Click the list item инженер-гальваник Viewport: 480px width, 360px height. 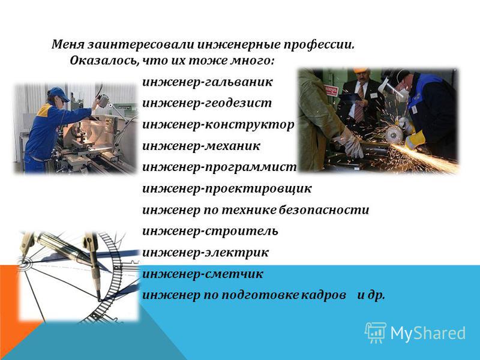[207, 82]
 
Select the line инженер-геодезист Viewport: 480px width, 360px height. [207, 103]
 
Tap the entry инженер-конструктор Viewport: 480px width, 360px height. [218, 125]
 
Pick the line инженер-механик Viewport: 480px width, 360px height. [201, 146]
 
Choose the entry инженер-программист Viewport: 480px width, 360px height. [220, 167]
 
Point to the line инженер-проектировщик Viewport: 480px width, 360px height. [227, 188]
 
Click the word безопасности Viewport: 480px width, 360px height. [324, 209]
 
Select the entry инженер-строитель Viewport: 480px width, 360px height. [211, 231]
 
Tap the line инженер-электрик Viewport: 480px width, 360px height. [205, 253]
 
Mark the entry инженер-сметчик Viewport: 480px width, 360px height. [203, 274]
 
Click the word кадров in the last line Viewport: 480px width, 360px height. [323, 295]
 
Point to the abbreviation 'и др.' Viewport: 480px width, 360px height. [371, 295]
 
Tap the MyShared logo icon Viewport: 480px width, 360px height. [376, 332]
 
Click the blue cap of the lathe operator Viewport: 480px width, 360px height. [58, 93]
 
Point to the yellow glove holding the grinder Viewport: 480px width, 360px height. [415, 139]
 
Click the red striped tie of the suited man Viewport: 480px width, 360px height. [359, 103]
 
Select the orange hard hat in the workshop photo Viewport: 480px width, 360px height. [361, 70]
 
